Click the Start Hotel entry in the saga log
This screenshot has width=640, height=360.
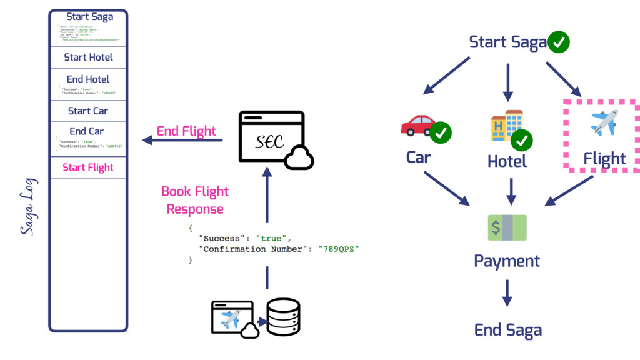(x=88, y=57)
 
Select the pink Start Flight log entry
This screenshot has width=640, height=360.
(x=88, y=167)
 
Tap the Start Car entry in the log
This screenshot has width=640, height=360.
(x=88, y=111)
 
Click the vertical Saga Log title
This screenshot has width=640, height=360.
(x=28, y=207)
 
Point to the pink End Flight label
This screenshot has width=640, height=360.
(x=186, y=131)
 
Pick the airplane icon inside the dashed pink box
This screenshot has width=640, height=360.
(x=604, y=122)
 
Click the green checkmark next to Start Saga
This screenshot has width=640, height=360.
(x=559, y=42)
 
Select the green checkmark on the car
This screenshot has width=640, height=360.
(x=441, y=132)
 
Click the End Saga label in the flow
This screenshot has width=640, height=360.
(x=507, y=330)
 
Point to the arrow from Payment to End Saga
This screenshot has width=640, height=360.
(x=507, y=292)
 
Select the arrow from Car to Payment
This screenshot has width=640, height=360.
(x=447, y=188)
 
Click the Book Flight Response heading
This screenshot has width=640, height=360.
(x=195, y=200)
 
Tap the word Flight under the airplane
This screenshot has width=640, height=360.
(x=604, y=159)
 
